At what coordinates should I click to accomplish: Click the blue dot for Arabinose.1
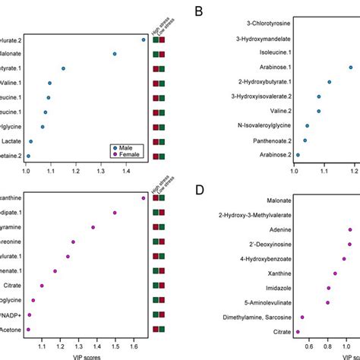coord(350,68)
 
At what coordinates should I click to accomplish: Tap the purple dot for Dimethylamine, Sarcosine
coord(302,317)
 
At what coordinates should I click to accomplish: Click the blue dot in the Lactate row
coord(30,141)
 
